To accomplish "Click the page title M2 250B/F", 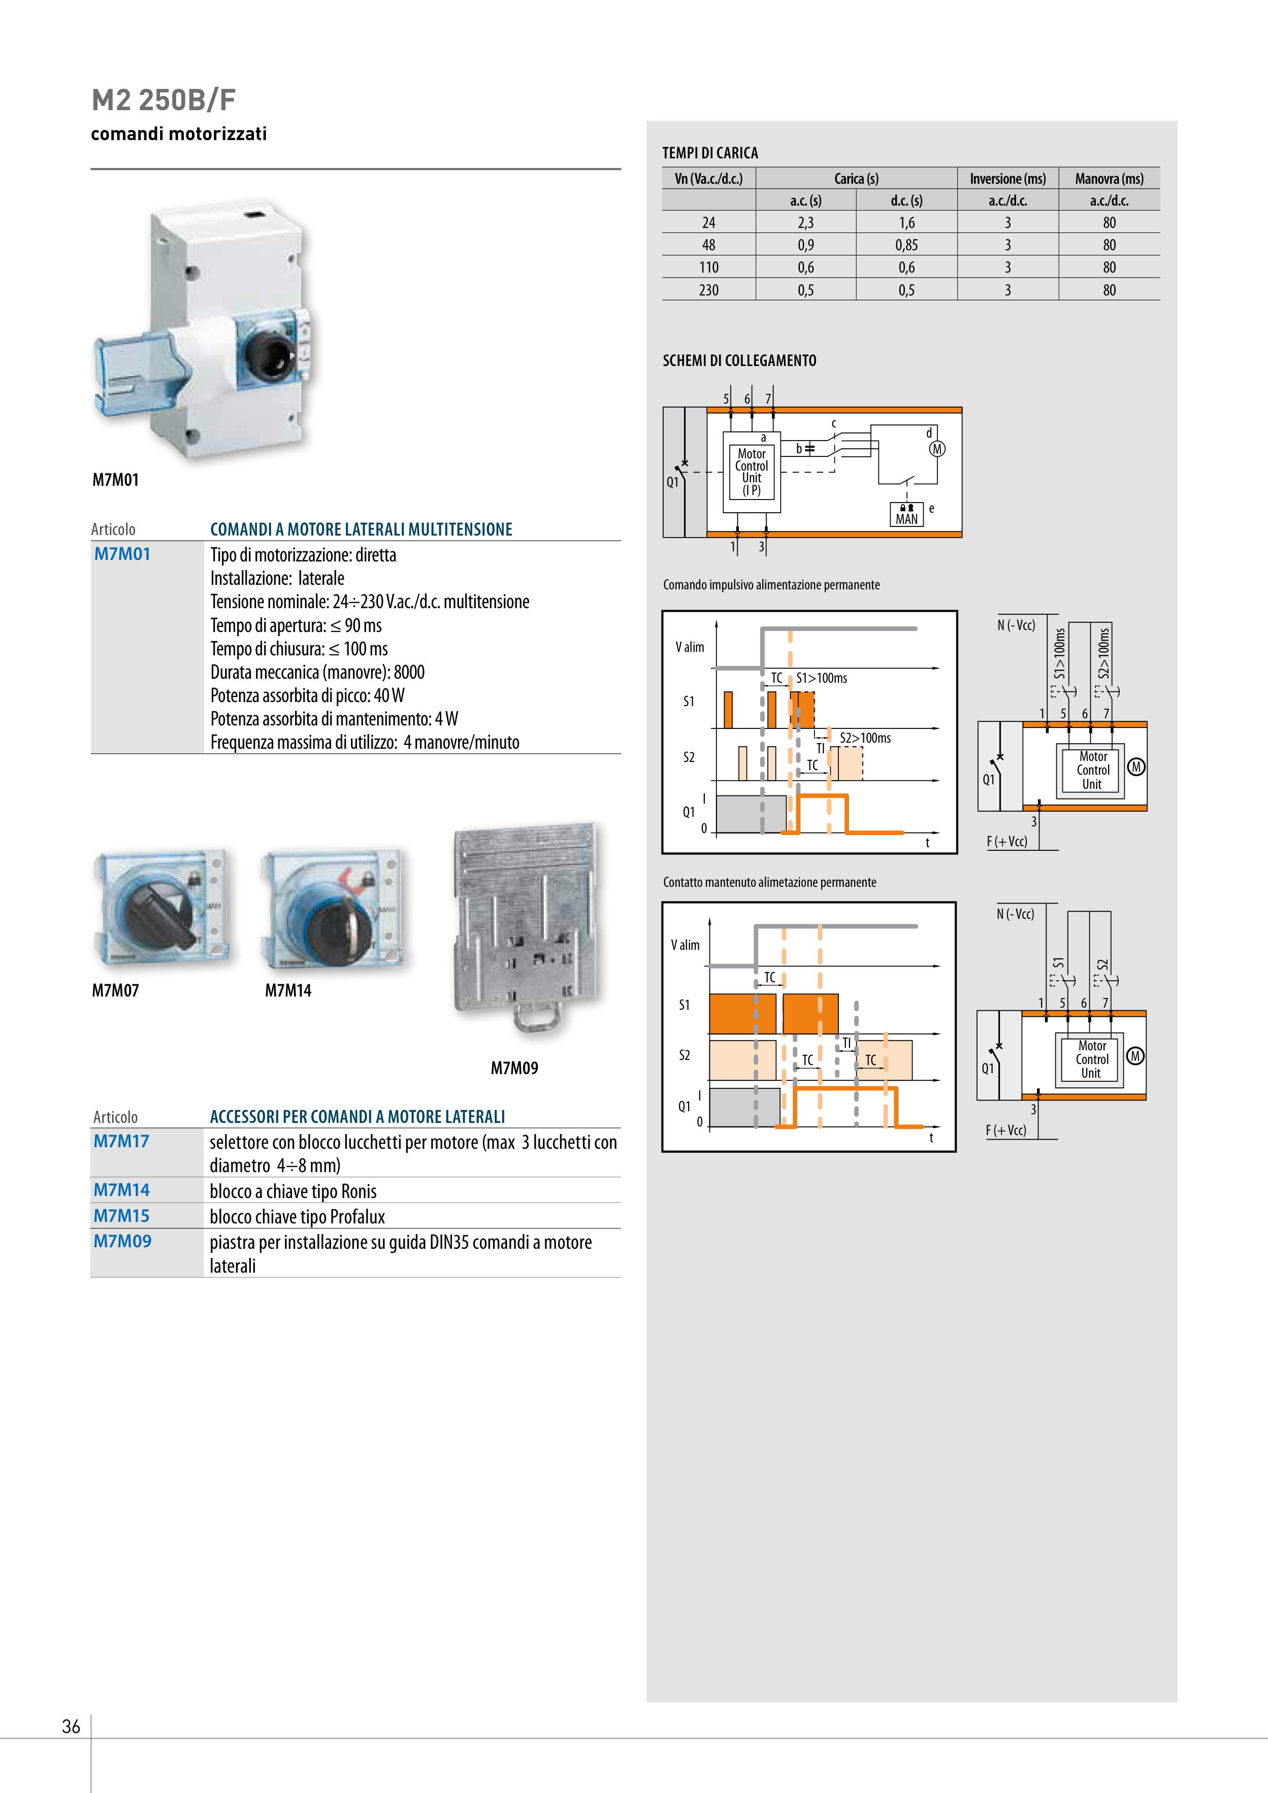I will click(164, 100).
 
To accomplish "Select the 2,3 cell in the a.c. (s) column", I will click(805, 222).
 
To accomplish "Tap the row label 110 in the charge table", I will click(708, 267).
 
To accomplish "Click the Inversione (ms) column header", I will click(1007, 179).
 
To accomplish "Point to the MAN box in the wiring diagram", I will click(906, 515).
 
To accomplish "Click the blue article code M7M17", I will click(121, 1141).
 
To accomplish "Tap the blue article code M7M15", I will click(121, 1216).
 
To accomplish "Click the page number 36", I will click(71, 1726).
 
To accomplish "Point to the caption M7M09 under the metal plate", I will click(514, 1068).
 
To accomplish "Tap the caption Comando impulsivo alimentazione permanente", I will click(771, 585).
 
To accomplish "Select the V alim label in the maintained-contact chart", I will click(685, 945).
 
